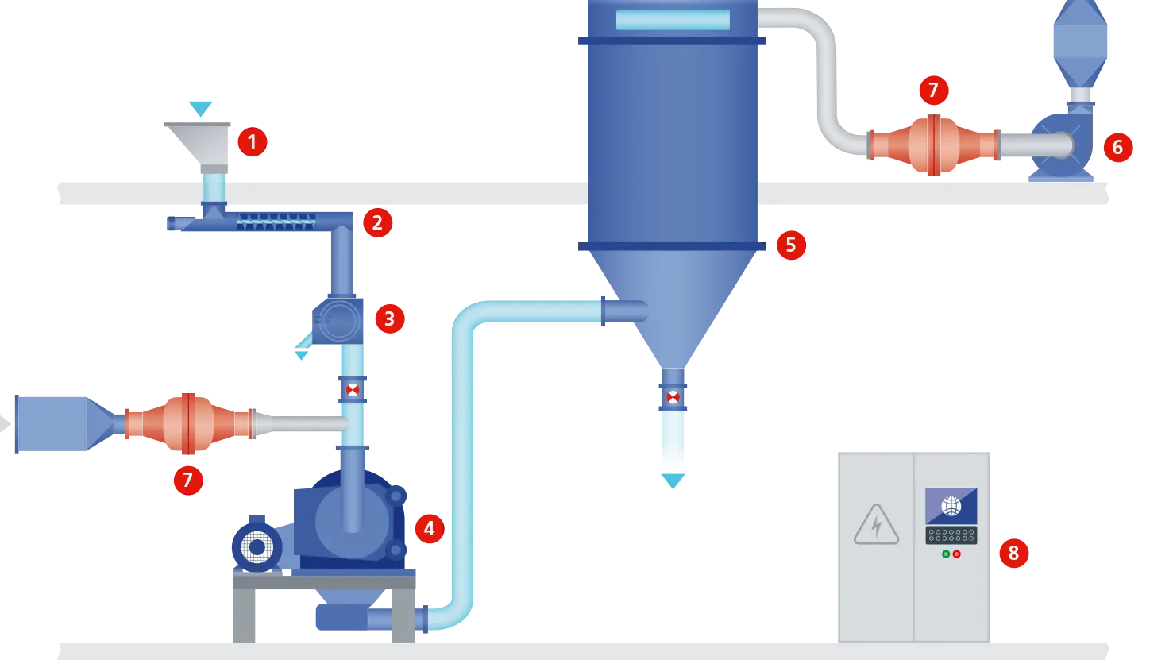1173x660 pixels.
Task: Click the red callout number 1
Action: pos(252,142)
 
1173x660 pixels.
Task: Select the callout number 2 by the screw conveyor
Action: pos(377,223)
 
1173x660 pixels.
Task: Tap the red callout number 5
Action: pos(790,245)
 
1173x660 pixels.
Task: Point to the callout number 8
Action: pos(1013,552)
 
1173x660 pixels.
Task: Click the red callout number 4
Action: pos(429,528)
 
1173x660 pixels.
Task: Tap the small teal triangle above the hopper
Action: pos(200,106)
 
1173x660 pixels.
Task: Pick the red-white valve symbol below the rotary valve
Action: pos(353,390)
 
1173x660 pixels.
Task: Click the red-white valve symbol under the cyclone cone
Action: pos(673,397)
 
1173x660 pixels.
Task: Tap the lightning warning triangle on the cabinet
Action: pos(876,525)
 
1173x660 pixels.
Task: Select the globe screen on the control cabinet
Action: pos(951,506)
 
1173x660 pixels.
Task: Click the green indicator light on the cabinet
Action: pos(946,554)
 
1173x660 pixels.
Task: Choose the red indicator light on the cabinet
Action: pos(956,554)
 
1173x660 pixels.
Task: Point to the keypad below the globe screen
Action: pos(951,535)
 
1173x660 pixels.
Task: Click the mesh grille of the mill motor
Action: pos(257,547)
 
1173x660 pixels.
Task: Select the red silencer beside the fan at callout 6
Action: pos(933,145)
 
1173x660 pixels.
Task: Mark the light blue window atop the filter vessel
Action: pos(672,20)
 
